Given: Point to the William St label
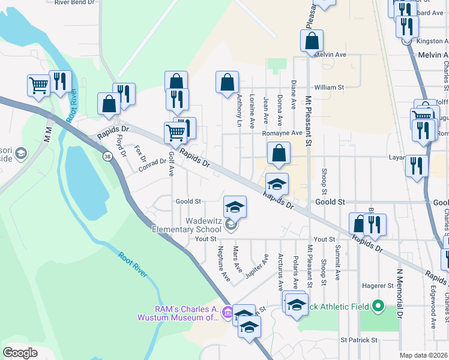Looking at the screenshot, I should (328, 87).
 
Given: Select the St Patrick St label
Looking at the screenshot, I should (359, 340).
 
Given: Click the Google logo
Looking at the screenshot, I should (20, 353).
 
